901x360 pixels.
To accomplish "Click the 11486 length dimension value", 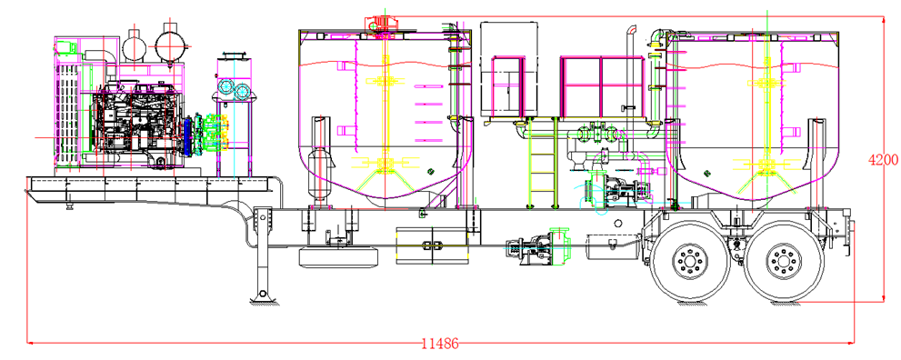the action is (x=440, y=344).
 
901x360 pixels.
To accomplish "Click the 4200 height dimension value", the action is (x=884, y=160).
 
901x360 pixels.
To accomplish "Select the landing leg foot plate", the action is (x=262, y=299).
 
